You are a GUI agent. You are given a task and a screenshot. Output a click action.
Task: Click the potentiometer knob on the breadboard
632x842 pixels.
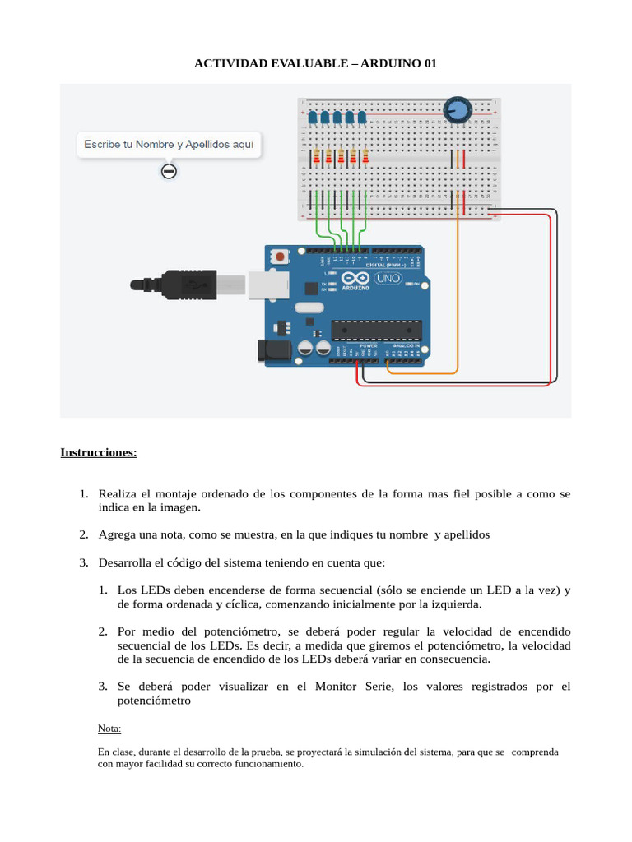457,109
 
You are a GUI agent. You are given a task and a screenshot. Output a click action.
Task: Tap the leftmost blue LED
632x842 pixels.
314,118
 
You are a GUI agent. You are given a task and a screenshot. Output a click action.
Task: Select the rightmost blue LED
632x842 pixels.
362,118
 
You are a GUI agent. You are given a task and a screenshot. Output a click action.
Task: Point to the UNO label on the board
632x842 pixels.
388,278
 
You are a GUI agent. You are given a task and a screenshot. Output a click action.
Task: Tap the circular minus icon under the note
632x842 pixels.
169,171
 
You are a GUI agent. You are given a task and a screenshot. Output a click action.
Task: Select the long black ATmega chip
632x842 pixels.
376,330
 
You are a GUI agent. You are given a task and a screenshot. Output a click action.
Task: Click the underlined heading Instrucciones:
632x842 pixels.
99,452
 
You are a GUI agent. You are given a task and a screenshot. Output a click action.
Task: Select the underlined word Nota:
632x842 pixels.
109,729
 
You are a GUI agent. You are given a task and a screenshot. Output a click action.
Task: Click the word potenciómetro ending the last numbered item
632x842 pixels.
154,701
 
